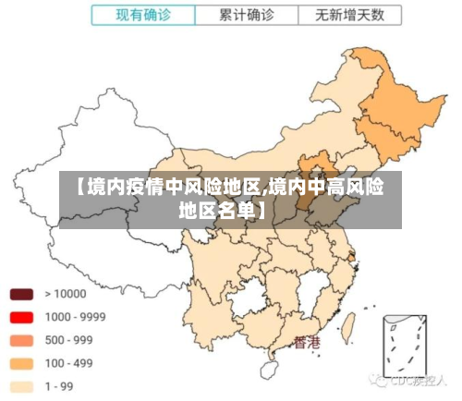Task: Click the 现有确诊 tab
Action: click(143, 16)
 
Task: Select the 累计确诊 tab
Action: click(247, 16)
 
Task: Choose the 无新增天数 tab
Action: click(350, 16)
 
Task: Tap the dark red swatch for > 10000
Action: click(21, 295)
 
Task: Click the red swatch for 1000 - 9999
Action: click(21, 317)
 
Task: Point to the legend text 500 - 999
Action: click(68, 340)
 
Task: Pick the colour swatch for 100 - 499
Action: click(21, 363)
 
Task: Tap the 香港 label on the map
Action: click(307, 342)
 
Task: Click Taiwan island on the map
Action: click(350, 325)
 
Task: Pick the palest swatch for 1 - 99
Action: click(21, 386)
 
